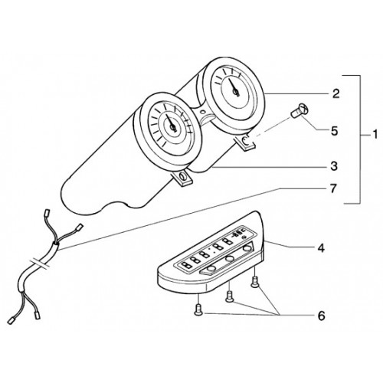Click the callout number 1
[x=375, y=135]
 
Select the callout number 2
[x=336, y=93]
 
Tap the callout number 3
[x=334, y=166]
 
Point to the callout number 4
[x=321, y=247]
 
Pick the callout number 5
[x=334, y=131]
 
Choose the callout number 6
[x=321, y=316]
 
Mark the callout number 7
[x=333, y=189]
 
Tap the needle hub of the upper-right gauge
[x=236, y=92]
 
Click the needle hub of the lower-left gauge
[x=172, y=126]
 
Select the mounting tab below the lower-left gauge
[x=183, y=178]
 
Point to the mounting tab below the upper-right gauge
[x=246, y=142]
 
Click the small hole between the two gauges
[x=202, y=112]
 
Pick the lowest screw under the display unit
[x=198, y=310]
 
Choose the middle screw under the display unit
[x=229, y=297]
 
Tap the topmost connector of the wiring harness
[x=47, y=212]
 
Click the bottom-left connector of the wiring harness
[x=11, y=320]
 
